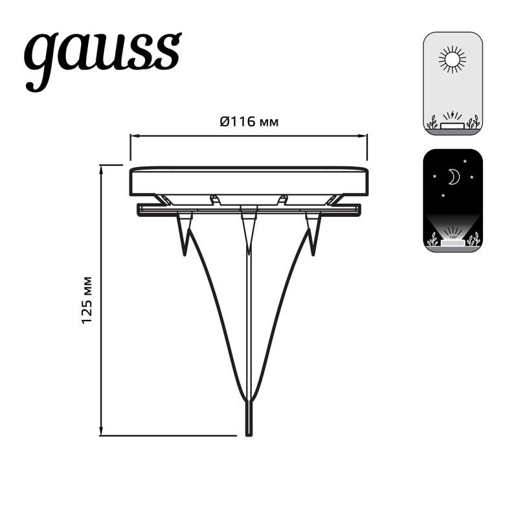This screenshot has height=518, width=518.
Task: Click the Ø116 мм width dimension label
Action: [x=249, y=121]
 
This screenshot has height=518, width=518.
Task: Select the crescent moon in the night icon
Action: [x=453, y=176]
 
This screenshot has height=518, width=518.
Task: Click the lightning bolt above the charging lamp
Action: [x=452, y=115]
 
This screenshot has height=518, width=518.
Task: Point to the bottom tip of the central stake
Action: [x=249, y=433]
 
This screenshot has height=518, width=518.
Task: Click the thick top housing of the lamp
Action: [x=249, y=181]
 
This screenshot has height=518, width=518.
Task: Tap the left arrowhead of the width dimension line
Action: [x=133, y=136]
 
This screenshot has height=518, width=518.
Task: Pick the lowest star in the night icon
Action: [x=443, y=194]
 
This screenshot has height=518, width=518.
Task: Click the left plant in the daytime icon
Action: [x=432, y=122]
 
